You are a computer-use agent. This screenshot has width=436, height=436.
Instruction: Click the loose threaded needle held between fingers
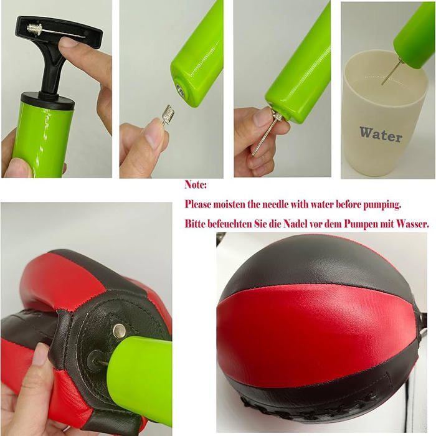[x=167, y=115]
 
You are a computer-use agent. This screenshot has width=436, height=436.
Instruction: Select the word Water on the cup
[x=381, y=133]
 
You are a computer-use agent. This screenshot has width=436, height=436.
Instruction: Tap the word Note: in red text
[x=196, y=185]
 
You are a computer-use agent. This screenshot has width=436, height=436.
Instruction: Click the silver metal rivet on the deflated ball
[x=118, y=331]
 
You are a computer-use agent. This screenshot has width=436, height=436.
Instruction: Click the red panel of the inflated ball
[x=311, y=336]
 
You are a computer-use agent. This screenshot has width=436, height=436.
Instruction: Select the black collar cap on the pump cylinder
[x=39, y=100]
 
